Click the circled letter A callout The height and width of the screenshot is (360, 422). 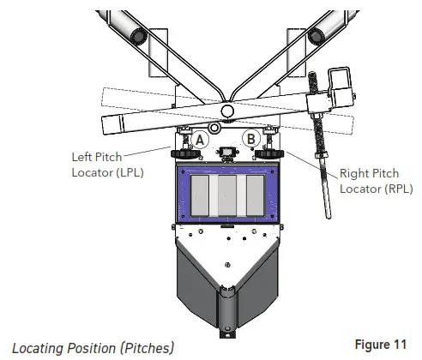200,140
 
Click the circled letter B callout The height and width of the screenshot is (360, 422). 251,139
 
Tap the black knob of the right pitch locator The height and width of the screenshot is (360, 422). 269,154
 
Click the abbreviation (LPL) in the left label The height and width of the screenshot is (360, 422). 130,172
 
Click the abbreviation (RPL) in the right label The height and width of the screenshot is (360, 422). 399,189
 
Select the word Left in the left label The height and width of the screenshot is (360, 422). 81,157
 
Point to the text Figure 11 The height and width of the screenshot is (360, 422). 380,345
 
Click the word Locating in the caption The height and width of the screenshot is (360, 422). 38,349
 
